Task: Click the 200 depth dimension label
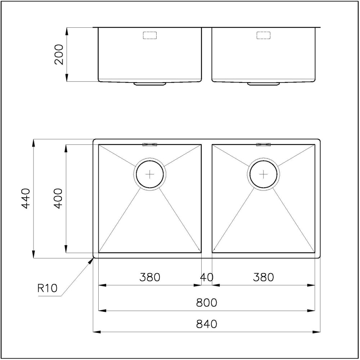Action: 59,54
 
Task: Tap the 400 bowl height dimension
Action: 59,198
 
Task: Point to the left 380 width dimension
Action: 150,277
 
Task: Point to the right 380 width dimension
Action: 264,277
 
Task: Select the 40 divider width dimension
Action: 207,277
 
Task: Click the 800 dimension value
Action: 207,303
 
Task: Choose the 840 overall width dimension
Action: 207,324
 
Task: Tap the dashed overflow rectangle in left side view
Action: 150,35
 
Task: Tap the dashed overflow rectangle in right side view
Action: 264,35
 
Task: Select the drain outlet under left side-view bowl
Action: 150,84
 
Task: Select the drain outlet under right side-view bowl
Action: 264,84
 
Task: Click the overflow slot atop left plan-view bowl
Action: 150,145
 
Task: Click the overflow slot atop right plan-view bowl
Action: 264,145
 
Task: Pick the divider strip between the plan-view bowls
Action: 207,198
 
